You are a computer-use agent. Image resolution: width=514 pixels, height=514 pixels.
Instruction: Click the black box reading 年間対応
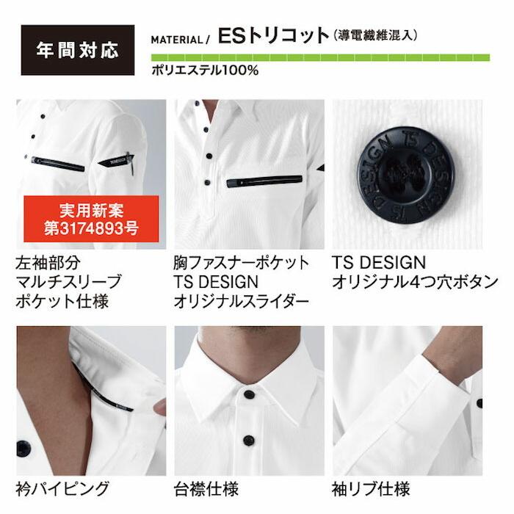pyautogui.click(x=77, y=51)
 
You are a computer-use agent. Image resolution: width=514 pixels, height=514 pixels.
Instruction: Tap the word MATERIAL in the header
pyautogui.click(x=175, y=40)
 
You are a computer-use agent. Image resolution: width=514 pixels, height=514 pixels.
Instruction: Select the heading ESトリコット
pyautogui.click(x=272, y=36)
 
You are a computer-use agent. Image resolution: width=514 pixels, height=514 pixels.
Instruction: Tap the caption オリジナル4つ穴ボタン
pyautogui.click(x=415, y=281)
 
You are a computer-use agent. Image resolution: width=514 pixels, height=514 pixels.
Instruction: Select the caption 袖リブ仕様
pyautogui.click(x=372, y=488)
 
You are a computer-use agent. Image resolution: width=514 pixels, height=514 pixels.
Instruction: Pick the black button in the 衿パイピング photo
pyautogui.click(x=23, y=447)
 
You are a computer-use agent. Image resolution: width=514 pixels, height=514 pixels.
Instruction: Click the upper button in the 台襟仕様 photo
pyautogui.click(x=250, y=394)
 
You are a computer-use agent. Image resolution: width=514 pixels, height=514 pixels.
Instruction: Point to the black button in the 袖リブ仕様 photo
pyautogui.click(x=479, y=402)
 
